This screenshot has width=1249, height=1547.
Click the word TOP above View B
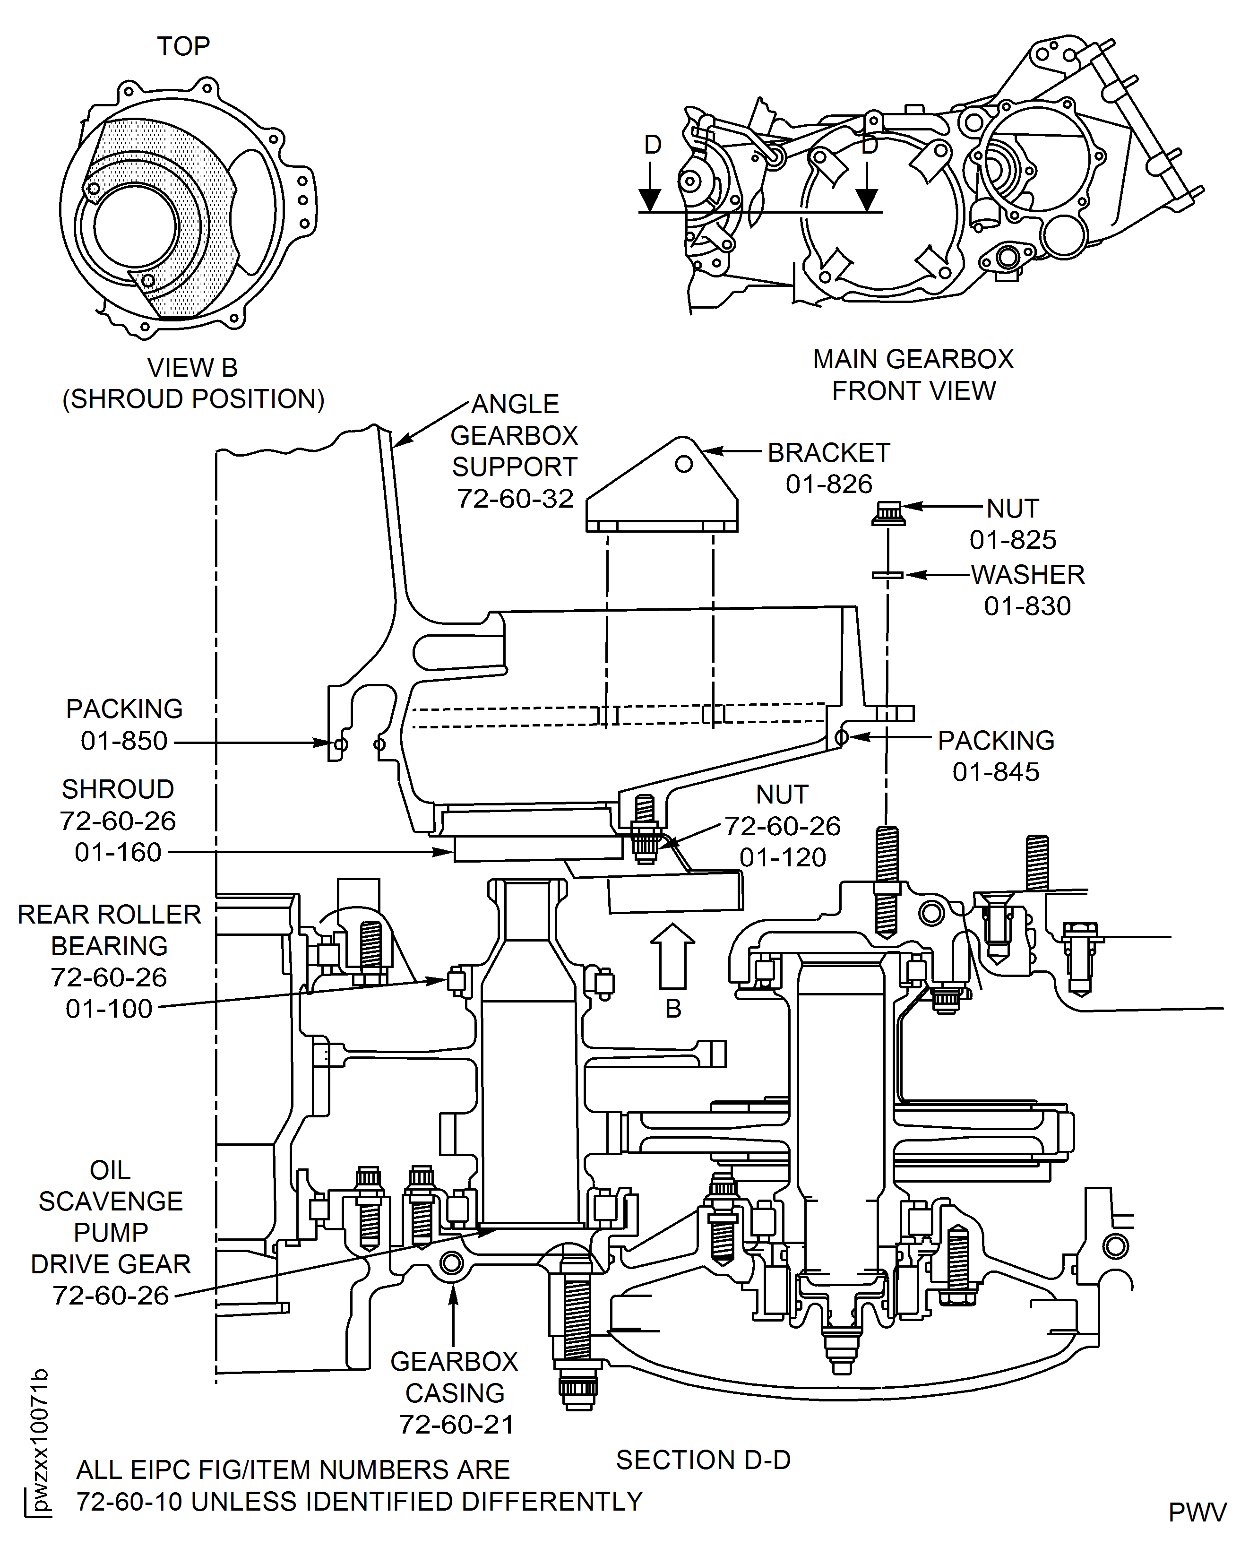point(183,47)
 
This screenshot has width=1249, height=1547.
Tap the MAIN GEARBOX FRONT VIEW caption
point(913,375)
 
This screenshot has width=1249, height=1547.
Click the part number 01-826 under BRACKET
point(829,484)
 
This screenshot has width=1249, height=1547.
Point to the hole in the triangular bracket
point(683,464)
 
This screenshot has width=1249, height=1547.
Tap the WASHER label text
point(1027,575)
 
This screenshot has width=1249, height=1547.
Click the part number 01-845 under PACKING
point(996,772)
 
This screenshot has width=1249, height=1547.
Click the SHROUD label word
point(118,789)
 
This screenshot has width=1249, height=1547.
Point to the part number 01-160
point(118,853)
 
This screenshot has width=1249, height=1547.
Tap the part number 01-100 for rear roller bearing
point(109,1009)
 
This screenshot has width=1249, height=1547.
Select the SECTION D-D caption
point(703,1460)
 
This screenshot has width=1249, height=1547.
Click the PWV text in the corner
point(1197,1512)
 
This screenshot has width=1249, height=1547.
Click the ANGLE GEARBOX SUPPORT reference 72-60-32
point(515,499)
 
